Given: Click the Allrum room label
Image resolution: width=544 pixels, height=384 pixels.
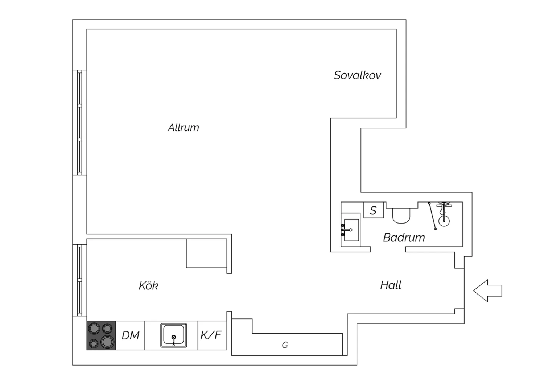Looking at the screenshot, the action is click(184, 128).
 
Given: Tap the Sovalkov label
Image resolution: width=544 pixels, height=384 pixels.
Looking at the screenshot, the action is click(357, 75).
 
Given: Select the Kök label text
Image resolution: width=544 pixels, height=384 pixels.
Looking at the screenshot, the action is click(148, 286).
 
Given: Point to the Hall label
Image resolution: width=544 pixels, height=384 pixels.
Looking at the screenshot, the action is click(391, 285).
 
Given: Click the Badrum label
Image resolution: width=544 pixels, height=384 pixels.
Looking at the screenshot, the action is click(404, 238).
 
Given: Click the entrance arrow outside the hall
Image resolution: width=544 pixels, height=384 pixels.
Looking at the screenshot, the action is click(487, 291).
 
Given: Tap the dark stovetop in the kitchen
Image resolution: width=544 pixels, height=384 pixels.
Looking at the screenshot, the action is click(101, 335).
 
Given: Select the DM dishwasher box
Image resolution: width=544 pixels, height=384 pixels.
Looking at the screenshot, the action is click(130, 335).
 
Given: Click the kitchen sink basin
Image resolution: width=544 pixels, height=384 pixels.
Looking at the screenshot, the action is click(174, 335).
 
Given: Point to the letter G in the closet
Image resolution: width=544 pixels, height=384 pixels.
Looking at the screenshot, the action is click(285, 345).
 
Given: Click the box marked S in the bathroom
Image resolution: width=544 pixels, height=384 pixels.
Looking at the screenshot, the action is click(374, 210).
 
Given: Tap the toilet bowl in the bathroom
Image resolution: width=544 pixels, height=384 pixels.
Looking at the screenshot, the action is click(401, 215).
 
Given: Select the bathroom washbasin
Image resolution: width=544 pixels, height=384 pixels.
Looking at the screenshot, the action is click(351, 230).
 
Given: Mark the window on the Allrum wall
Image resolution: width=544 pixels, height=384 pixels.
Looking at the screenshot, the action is click(79, 122).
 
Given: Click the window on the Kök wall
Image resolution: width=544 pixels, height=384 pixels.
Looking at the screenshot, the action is click(79, 280).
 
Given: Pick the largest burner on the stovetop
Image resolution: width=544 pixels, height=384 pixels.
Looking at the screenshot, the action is click(107, 342).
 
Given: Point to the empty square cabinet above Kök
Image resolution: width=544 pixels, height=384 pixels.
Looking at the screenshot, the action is click(206, 253).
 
